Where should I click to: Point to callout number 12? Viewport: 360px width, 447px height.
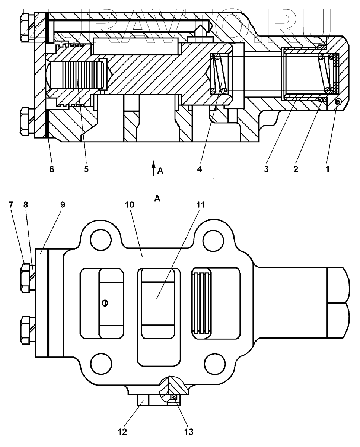[x=122, y=432]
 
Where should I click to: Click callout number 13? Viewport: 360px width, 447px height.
[x=189, y=432]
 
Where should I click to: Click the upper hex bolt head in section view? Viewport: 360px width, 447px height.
[x=25, y=27]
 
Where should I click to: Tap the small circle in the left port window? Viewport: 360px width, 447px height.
[x=105, y=303]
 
